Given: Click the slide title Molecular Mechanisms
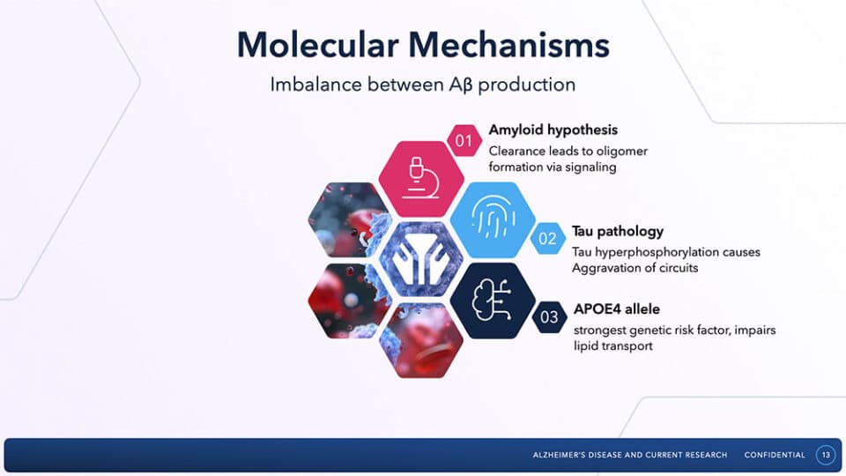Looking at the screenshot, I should pyautogui.click(x=423, y=45).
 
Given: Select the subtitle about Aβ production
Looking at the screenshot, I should pyautogui.click(x=423, y=86).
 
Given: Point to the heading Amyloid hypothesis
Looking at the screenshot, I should pyautogui.click(x=553, y=130).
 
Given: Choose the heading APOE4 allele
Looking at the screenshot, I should pyautogui.click(x=617, y=309).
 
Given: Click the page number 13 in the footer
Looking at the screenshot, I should pyautogui.click(x=826, y=455).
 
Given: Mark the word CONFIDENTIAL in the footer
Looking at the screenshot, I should pyautogui.click(x=775, y=455).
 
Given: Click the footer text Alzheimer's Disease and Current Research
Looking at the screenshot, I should pyautogui.click(x=630, y=455).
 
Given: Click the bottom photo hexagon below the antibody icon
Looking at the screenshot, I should pyautogui.click(x=420, y=339).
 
